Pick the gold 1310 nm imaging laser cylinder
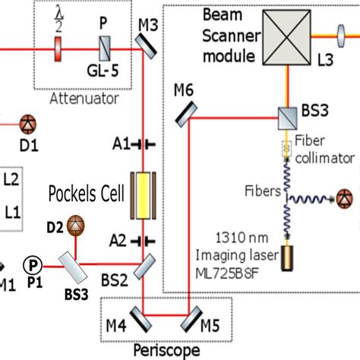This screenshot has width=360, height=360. (289, 257)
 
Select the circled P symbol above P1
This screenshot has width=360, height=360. (31, 264)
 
